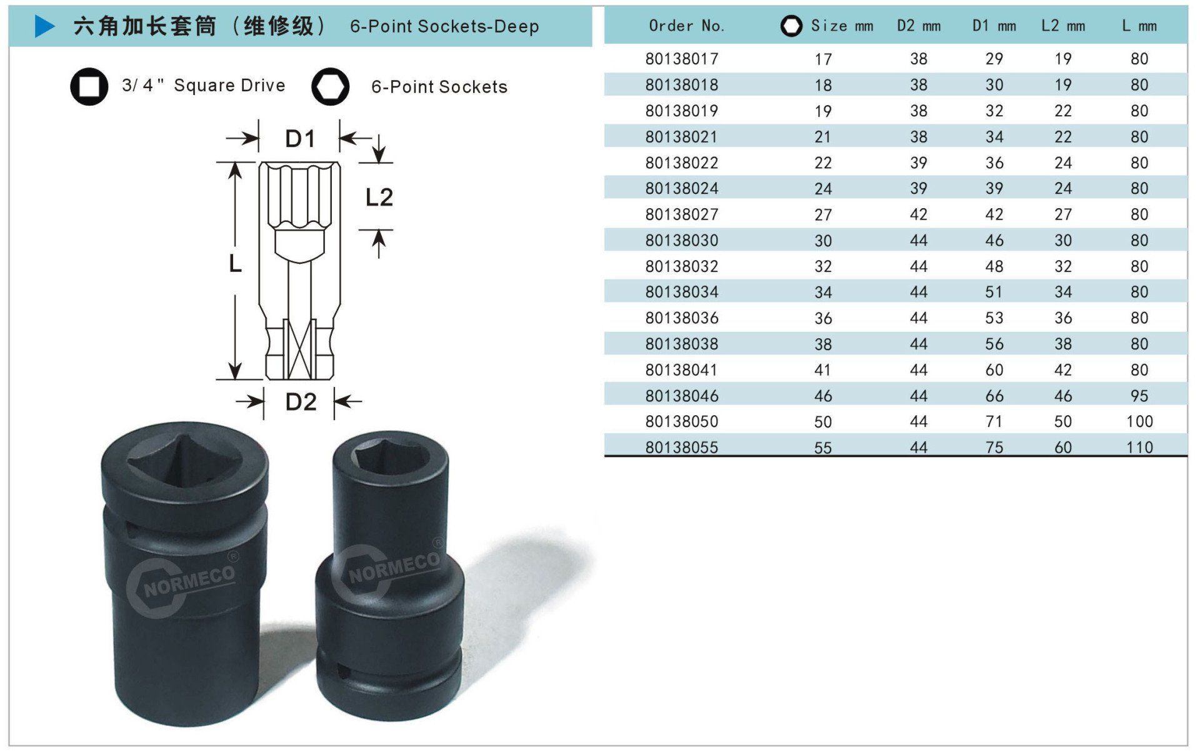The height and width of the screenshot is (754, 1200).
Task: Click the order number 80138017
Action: (682, 59)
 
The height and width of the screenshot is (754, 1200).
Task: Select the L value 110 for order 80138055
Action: (1139, 447)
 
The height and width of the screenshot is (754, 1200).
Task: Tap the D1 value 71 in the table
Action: (994, 421)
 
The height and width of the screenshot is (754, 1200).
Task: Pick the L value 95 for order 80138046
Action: (1139, 396)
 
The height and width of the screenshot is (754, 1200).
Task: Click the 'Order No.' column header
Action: (686, 26)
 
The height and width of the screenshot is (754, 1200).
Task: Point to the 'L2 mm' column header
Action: (1062, 26)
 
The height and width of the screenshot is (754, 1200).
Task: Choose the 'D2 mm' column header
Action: (918, 26)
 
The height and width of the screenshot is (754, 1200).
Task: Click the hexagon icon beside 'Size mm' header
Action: (791, 26)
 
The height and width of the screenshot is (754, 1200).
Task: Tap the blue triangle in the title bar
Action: (44, 26)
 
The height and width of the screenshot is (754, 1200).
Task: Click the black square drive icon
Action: (89, 86)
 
